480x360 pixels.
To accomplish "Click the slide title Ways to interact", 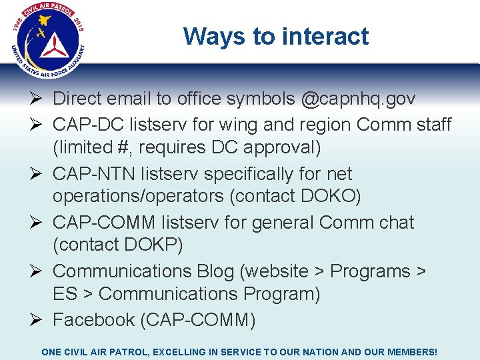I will [x=276, y=36].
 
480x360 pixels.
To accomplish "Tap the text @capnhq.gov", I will [x=359, y=99].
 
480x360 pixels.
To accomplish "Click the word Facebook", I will [x=93, y=321].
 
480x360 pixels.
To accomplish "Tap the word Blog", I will [x=215, y=271].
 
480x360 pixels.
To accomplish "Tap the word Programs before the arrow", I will [x=371, y=271].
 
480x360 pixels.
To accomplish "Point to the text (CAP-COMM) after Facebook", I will [x=197, y=321].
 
